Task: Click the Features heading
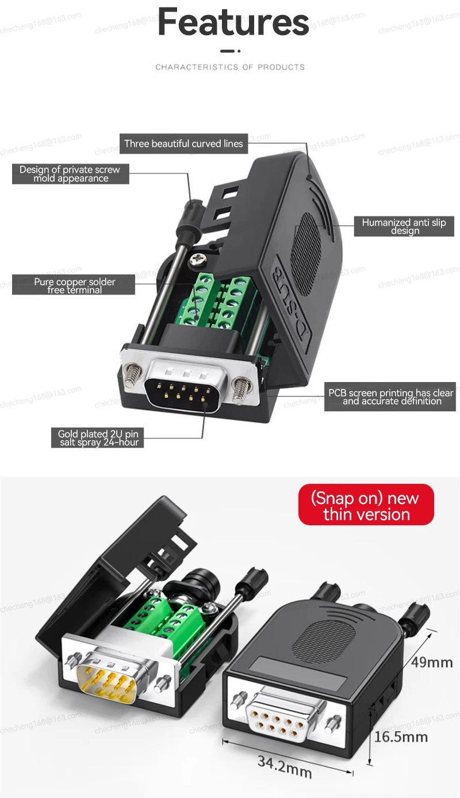point(233,22)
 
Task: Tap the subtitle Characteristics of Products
point(230,67)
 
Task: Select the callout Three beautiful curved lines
point(183,144)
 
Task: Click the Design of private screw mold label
point(71,174)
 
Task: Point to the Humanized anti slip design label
point(404,226)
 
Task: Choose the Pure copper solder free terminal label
point(74,284)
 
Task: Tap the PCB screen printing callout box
point(390,396)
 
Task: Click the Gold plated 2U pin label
point(98,437)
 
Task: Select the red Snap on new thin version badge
point(366,505)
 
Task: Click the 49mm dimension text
point(431,662)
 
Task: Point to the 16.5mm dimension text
point(401,736)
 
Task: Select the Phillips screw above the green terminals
point(198,258)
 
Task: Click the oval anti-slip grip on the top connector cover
point(305,254)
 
